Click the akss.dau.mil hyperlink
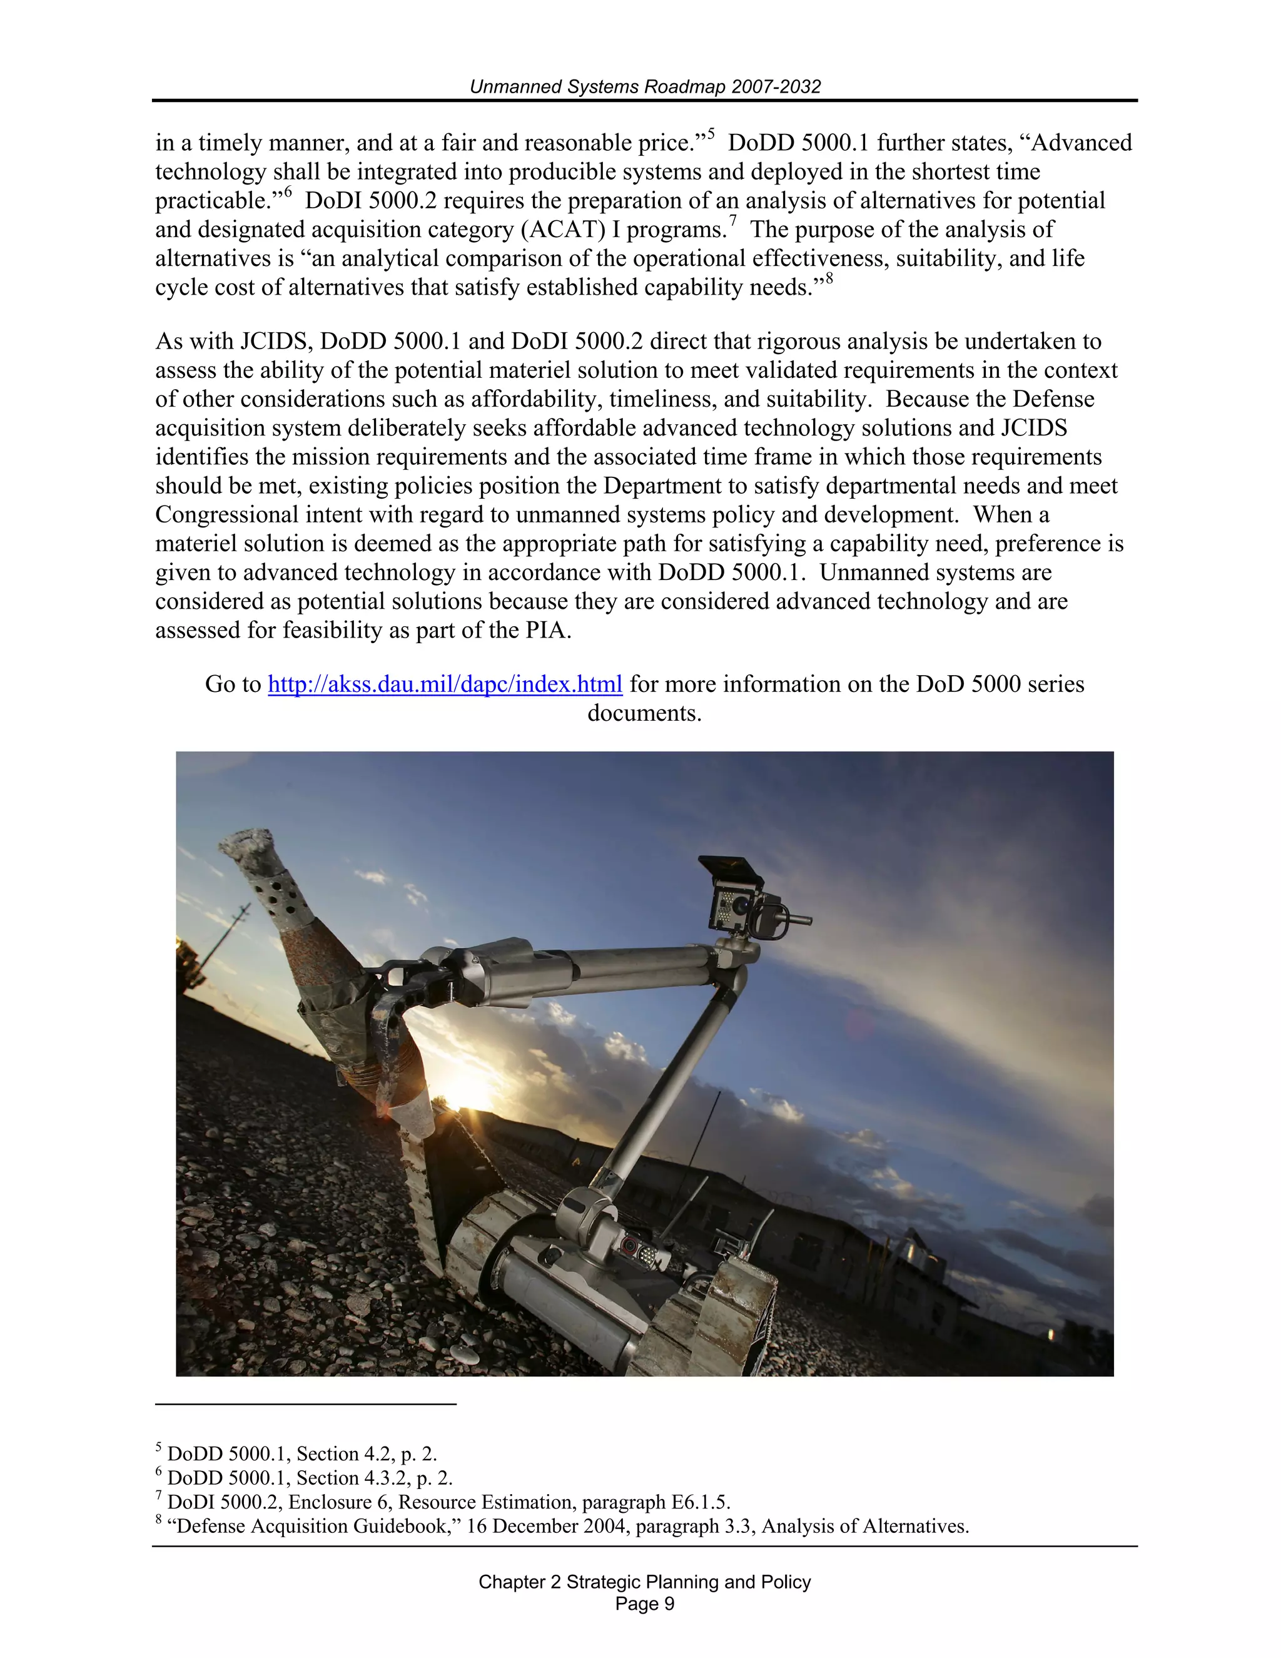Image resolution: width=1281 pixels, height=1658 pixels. (445, 684)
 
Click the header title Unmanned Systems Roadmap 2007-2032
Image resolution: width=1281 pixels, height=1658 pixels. (645, 86)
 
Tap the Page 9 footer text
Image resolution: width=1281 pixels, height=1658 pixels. (644, 1604)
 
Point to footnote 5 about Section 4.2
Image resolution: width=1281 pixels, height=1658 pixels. (296, 1454)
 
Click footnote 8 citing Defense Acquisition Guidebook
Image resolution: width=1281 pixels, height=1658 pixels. (562, 1526)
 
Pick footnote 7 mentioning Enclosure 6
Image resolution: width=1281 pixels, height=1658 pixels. (443, 1502)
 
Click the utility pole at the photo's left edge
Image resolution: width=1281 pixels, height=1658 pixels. (231, 930)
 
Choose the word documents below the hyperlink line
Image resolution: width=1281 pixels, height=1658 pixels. (644, 714)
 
